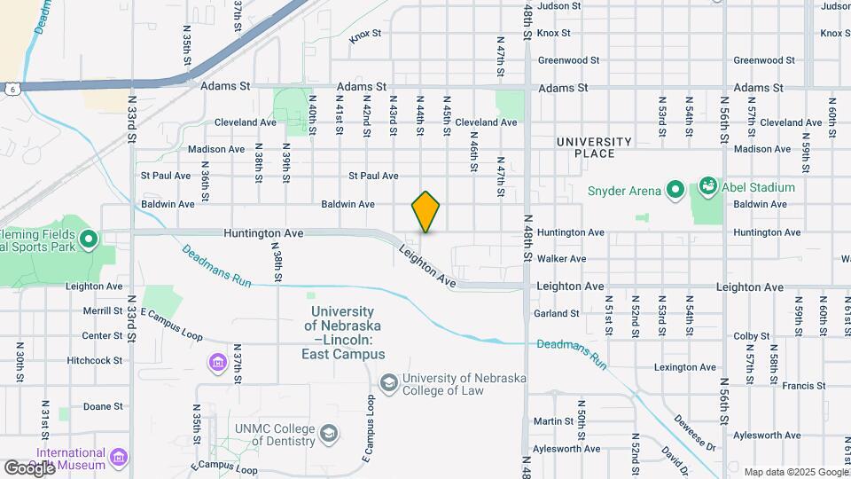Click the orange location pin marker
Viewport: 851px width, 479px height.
coord(426,211)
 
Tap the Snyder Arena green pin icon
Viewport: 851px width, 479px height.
coord(675,190)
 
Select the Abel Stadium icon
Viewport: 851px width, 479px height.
coord(707,187)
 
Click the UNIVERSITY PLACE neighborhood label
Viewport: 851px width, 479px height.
coord(594,147)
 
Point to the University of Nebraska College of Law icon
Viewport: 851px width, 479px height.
coord(388,382)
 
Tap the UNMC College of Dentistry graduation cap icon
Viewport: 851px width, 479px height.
coord(329,434)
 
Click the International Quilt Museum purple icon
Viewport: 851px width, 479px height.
coord(120,458)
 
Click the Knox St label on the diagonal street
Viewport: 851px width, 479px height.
coord(365,36)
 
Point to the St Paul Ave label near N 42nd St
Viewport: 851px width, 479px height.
coord(373,176)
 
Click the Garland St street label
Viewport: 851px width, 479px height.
coord(557,313)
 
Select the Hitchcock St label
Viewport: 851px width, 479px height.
coord(94,360)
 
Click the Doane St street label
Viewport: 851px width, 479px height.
coord(103,406)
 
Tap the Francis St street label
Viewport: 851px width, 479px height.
coord(803,386)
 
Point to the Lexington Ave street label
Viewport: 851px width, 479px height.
coord(684,366)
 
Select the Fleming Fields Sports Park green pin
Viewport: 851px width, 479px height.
coord(88,239)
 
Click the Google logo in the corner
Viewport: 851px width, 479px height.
coord(30,467)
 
